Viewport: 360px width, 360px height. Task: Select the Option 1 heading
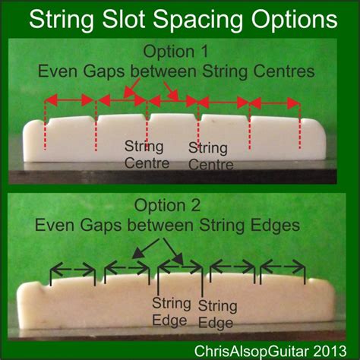(175, 52)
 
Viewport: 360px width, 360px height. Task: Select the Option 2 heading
(167, 205)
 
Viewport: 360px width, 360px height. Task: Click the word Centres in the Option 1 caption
(284, 71)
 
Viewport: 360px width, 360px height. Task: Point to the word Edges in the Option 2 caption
(275, 226)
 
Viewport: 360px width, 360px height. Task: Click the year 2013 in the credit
(330, 351)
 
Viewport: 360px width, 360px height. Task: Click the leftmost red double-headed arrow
(69, 100)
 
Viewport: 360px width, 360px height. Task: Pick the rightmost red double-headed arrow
(275, 103)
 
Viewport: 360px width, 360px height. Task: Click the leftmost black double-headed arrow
(73, 270)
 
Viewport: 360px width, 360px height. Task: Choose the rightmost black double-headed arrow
(283, 267)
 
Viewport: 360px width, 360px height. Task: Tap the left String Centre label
(147, 155)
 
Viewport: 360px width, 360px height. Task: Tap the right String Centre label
(210, 156)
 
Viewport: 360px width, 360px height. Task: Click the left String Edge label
(171, 312)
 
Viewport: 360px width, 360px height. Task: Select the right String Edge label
(217, 314)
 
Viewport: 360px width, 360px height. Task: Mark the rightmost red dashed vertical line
(300, 126)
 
